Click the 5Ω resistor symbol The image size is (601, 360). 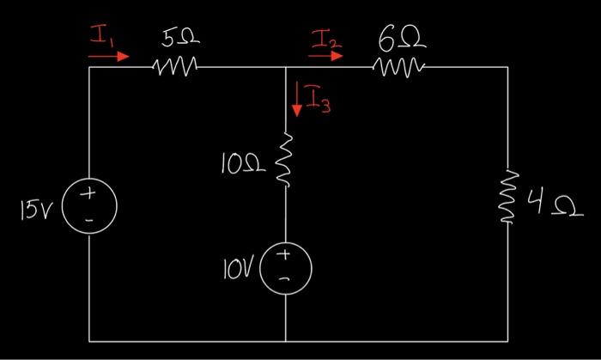(176, 66)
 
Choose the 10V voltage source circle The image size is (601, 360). (285, 264)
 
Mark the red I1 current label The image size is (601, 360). (102, 37)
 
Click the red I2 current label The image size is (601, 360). (327, 38)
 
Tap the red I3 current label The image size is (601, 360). (319, 104)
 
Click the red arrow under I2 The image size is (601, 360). (325, 56)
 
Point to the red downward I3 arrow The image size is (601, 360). (296, 98)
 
